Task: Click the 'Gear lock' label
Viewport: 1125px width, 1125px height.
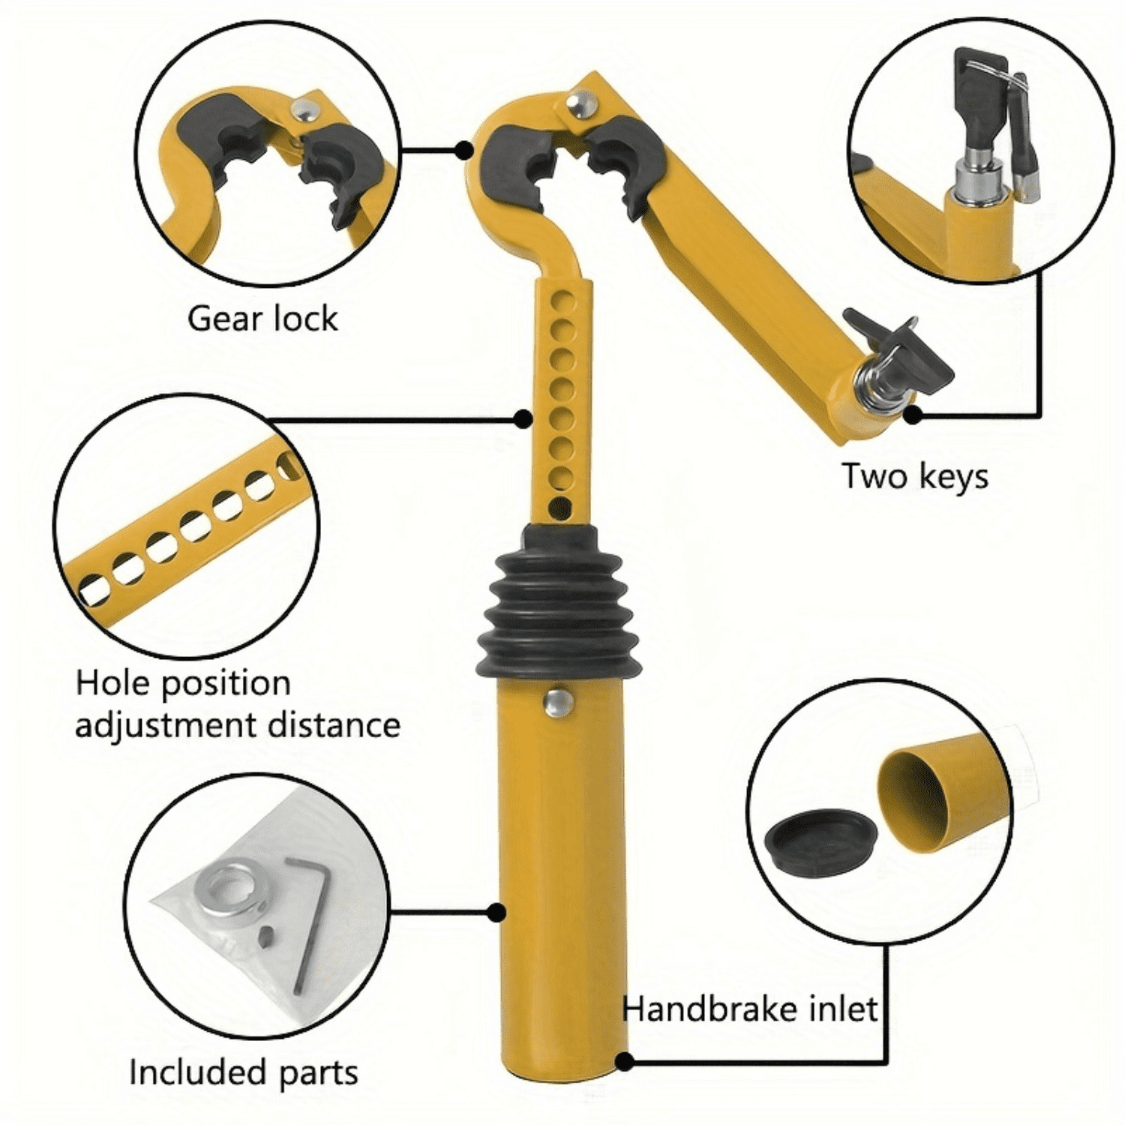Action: pos(262,319)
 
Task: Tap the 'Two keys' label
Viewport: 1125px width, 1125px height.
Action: pos(914,476)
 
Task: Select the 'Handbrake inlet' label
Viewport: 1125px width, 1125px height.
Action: pos(749,1009)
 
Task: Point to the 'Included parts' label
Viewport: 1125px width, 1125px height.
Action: pos(243,1072)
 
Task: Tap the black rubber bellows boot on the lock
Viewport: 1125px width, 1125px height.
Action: pos(559,607)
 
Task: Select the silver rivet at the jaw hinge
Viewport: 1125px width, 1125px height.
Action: pos(580,104)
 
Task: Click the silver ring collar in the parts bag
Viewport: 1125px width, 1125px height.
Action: pos(228,889)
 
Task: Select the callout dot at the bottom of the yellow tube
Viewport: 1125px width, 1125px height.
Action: pos(624,1060)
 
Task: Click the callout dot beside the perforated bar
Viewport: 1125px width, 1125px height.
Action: pos(523,418)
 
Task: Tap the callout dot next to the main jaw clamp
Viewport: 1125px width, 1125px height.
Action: pos(465,150)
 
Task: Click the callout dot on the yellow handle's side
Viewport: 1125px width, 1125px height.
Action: pos(496,912)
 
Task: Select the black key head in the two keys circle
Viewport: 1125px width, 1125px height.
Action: pos(979,90)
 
